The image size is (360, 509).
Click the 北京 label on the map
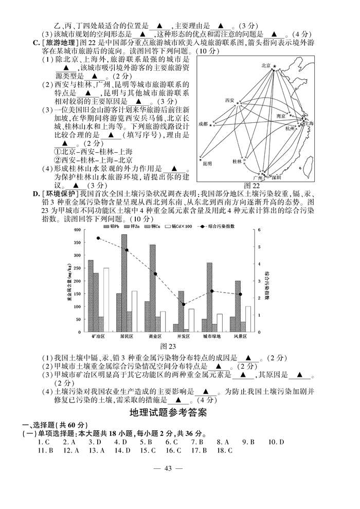pyautogui.click(x=265, y=65)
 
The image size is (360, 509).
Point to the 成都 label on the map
pyautogui.click(x=203, y=124)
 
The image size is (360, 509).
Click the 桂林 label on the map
pyautogui.click(x=237, y=161)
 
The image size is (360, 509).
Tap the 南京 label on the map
pyautogui.click(x=281, y=116)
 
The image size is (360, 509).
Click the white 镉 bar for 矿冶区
pyautogui.click(x=106, y=299)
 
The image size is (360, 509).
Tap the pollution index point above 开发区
pyautogui.click(x=184, y=304)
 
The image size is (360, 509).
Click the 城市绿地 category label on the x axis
pyautogui.click(x=211, y=336)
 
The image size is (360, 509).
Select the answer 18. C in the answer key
pyautogui.click(x=224, y=450)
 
